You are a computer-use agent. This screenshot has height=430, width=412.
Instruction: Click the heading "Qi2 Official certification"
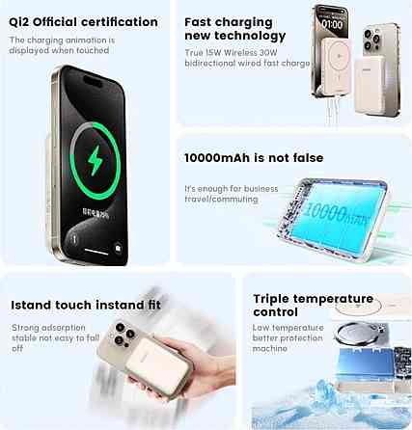point(83,21)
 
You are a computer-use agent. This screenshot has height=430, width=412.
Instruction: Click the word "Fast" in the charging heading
point(202,20)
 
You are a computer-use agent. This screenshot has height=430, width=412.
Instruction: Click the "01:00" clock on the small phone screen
point(331,22)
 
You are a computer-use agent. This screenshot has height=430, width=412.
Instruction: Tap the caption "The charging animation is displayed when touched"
point(62,45)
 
